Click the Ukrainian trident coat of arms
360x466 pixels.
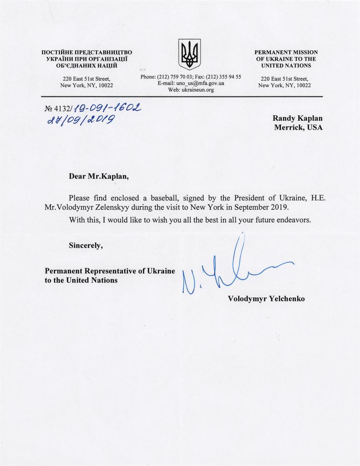click(190, 55)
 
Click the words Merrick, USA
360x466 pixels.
click(296, 128)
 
